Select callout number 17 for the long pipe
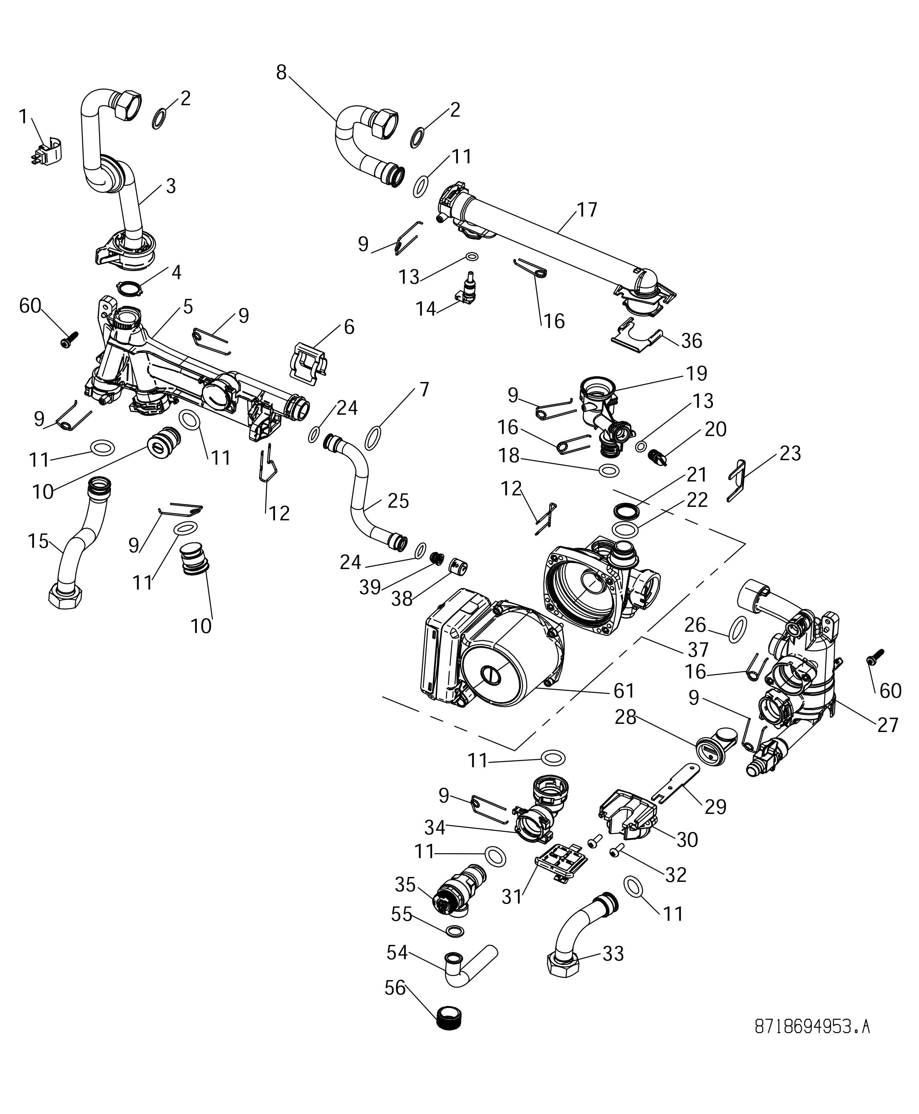587,210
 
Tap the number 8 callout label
281,72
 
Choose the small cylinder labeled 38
458,567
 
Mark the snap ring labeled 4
129,289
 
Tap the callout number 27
888,724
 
